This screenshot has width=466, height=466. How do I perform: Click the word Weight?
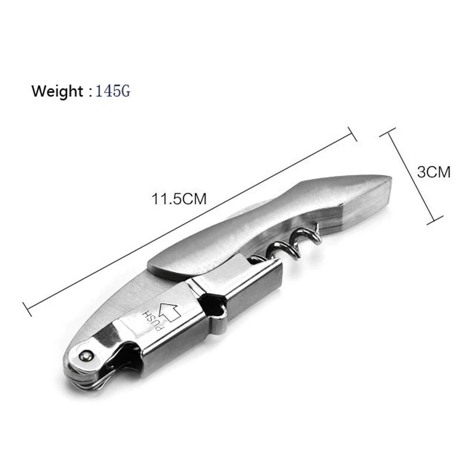point(57,91)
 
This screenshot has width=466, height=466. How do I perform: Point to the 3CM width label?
point(434,172)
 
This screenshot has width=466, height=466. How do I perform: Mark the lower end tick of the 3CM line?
point(431,221)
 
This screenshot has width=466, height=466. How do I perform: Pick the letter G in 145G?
point(125,91)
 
